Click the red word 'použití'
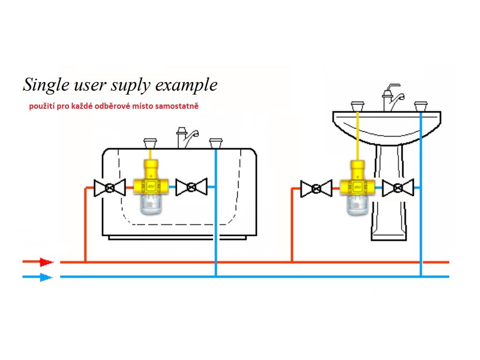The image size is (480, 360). click(x=41, y=106)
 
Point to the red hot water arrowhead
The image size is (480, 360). click(x=46, y=262)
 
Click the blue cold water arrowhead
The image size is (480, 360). click(x=46, y=277)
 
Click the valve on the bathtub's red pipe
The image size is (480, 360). click(x=110, y=187)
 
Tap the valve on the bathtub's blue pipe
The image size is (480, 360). click(x=191, y=187)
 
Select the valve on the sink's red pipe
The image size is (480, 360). click(x=316, y=188)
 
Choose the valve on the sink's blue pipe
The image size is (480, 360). click(x=398, y=188)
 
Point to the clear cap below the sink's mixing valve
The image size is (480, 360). click(x=358, y=205)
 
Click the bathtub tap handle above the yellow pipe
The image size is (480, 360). click(x=150, y=141)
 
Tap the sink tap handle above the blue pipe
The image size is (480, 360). click(x=421, y=103)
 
